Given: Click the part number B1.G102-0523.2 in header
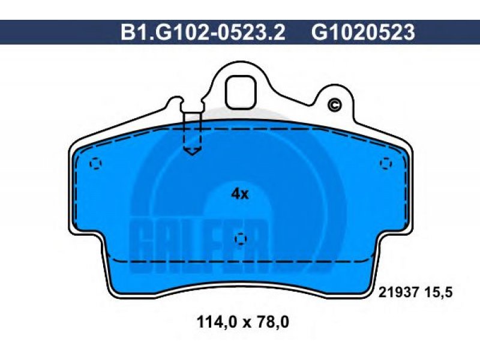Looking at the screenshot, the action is coord(203,32).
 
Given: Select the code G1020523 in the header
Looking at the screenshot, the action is coord(364,32).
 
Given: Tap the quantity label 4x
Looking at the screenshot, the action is coord(240,194).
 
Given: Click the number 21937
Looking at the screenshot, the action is coord(398,293).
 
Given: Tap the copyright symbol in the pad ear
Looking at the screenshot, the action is coord(335,106).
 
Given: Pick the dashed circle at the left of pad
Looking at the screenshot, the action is coord(95,163).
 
